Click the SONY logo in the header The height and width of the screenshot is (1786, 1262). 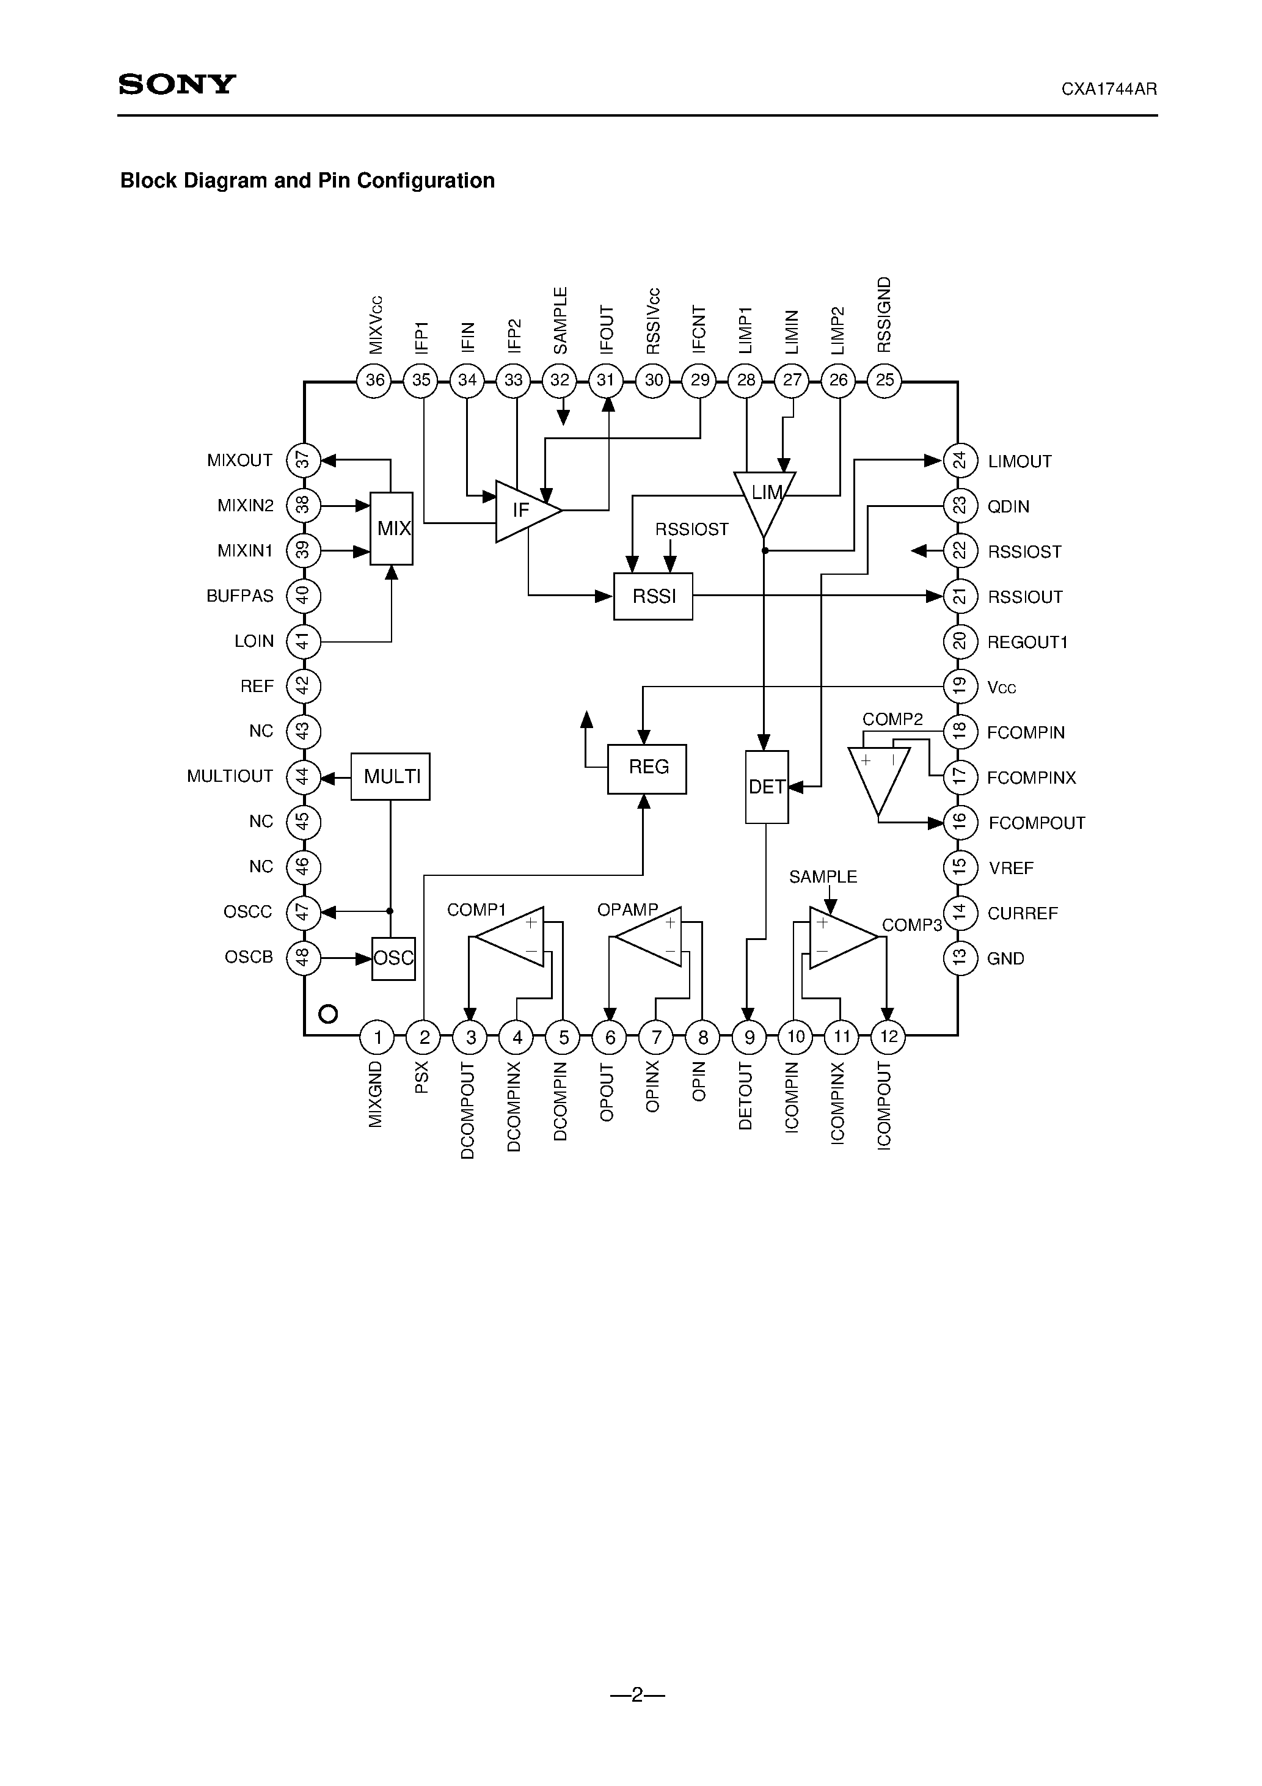click(177, 84)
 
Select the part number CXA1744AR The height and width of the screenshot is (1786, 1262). click(1109, 89)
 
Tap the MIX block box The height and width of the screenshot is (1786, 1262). click(392, 528)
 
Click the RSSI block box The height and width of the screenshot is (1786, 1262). click(653, 596)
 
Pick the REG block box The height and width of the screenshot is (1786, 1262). click(646, 768)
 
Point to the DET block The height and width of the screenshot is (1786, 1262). click(767, 787)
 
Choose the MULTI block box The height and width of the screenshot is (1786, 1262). click(390, 776)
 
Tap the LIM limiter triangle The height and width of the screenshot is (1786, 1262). click(765, 498)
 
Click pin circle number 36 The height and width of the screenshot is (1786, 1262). click(374, 381)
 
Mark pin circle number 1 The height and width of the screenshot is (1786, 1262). click(378, 1037)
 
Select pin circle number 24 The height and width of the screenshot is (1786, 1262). click(960, 461)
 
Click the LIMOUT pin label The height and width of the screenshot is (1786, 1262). click(1019, 461)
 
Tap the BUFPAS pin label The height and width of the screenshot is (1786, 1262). click(239, 596)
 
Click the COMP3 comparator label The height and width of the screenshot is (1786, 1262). click(911, 925)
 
